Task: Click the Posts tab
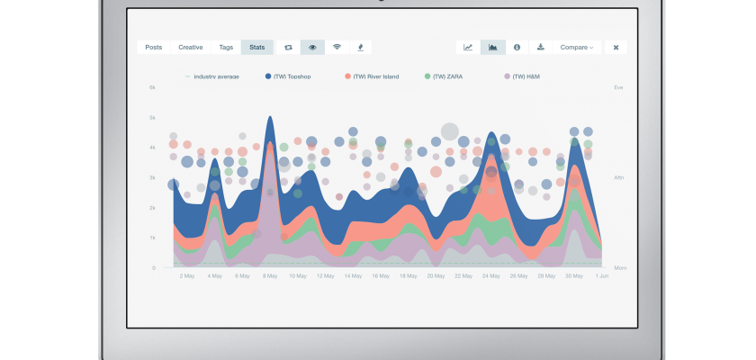tap(154, 47)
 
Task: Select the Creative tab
tap(191, 47)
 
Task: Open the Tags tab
tap(225, 47)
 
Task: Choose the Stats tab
tap(257, 47)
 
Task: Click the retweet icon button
tap(288, 47)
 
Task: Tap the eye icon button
tap(312, 47)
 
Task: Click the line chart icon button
tap(468, 47)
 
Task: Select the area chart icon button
tap(492, 47)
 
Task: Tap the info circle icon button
tap(517, 47)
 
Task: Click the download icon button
tap(541, 47)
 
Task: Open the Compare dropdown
tap(576, 47)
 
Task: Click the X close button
tap(616, 47)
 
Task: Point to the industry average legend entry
tap(213, 76)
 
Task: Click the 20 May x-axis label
tap(436, 276)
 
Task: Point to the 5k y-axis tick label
tap(153, 118)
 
